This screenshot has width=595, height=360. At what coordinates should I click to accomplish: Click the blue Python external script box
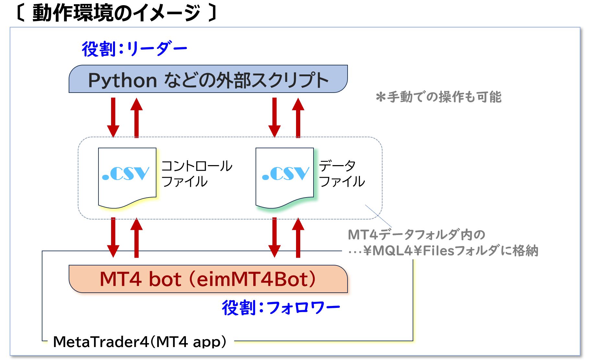coord(208,79)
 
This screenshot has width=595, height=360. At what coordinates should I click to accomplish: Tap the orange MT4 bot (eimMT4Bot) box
coord(208,279)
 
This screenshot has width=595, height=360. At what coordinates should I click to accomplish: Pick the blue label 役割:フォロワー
coord(280,308)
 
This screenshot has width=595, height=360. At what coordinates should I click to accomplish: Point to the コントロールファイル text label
coord(197,174)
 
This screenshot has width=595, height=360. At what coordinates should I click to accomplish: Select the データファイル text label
coord(342,174)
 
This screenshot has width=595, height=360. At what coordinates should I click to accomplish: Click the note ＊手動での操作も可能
coord(439,97)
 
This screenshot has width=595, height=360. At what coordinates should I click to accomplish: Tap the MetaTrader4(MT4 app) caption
coord(140,342)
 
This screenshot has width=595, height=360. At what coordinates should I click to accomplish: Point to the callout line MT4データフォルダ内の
coord(417,235)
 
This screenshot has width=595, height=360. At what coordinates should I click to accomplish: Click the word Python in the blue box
coord(122,80)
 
